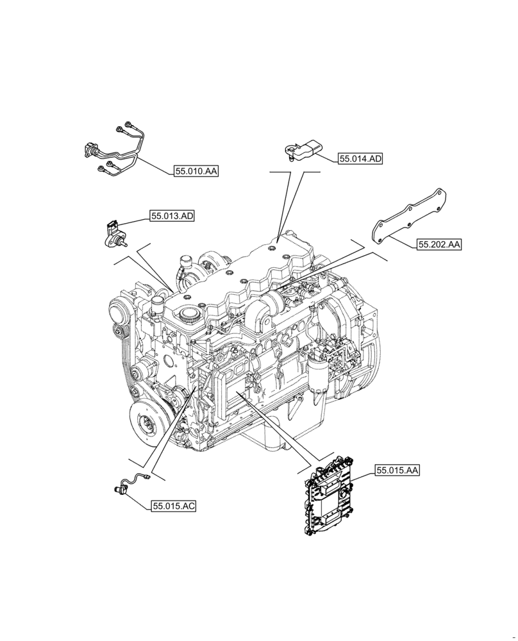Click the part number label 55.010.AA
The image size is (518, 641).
pyautogui.click(x=197, y=171)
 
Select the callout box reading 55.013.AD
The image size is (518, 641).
pyautogui.click(x=172, y=217)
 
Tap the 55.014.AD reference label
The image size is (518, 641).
pyautogui.click(x=360, y=158)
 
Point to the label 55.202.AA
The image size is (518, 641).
pyautogui.click(x=440, y=244)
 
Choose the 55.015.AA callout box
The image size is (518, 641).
pyautogui.click(x=397, y=470)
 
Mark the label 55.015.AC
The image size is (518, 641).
pyautogui.click(x=174, y=506)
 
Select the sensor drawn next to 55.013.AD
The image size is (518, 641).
pyautogui.click(x=114, y=234)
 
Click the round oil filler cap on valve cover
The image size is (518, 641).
pyautogui.click(x=188, y=315)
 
